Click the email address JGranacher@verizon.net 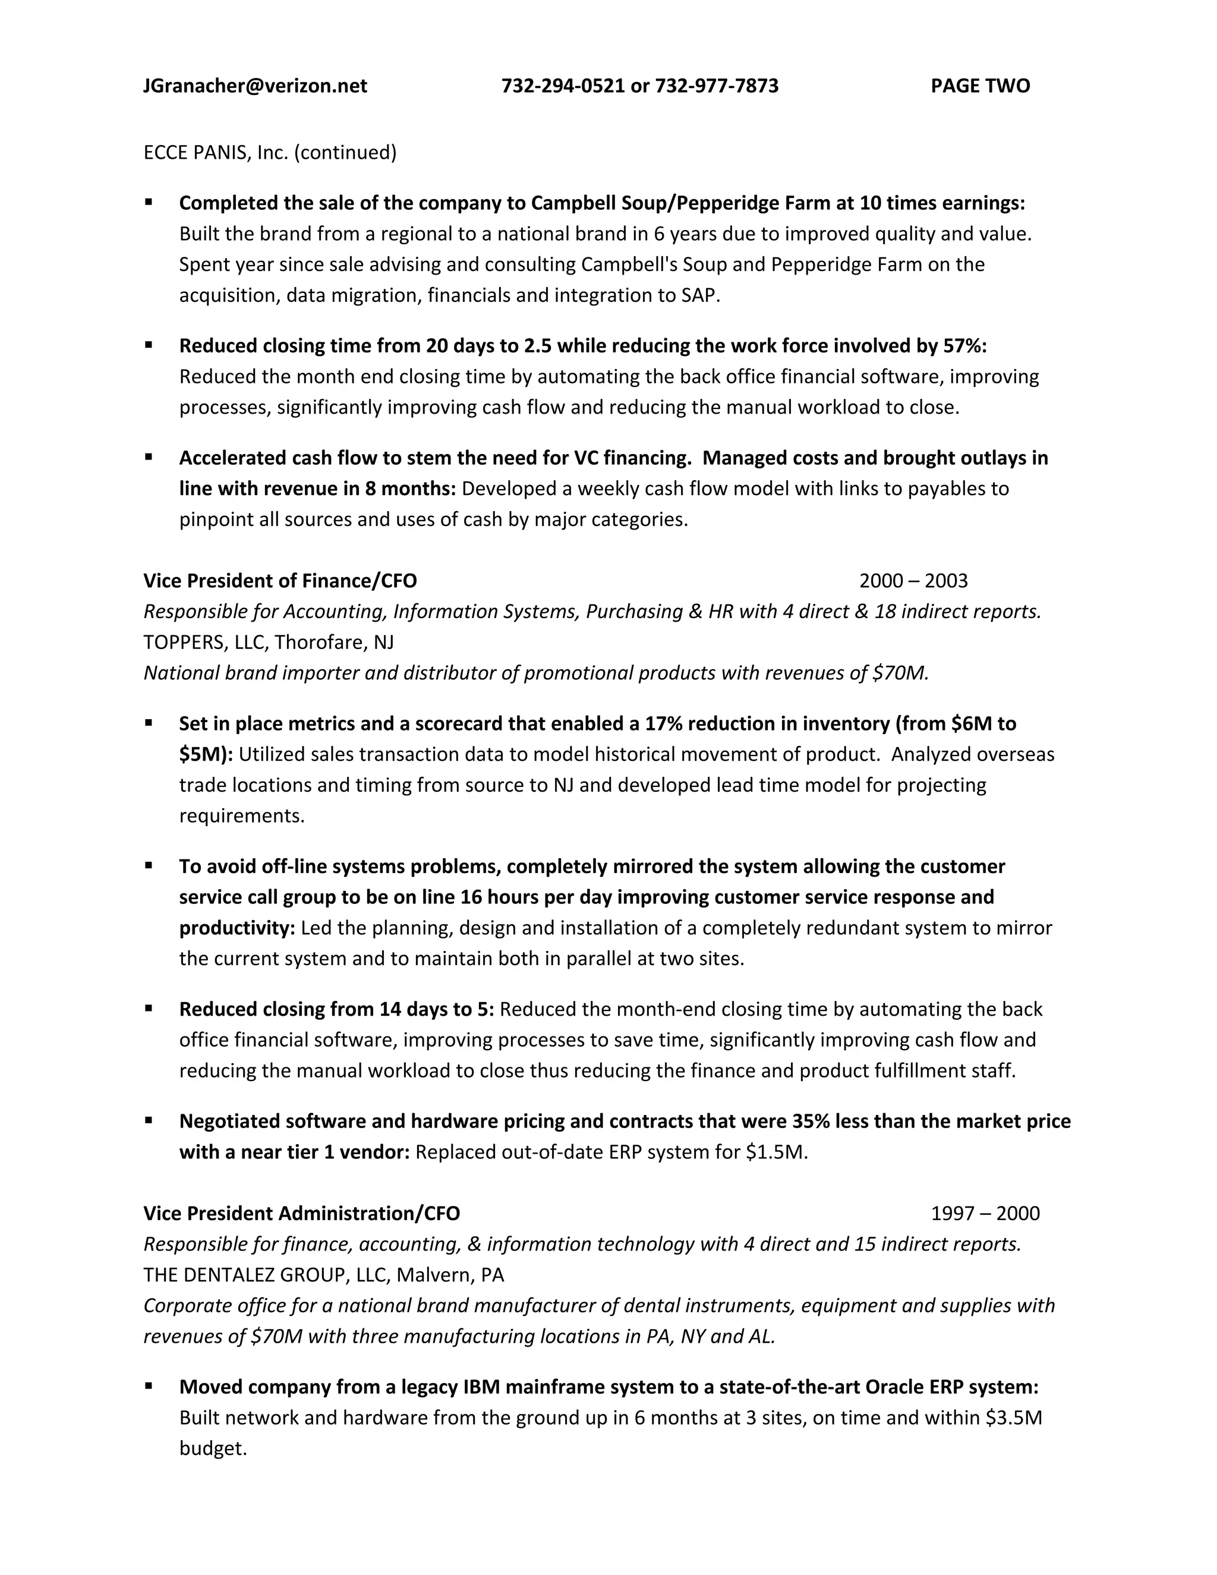click(x=255, y=86)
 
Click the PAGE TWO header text click(x=980, y=86)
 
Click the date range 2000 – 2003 click(x=913, y=581)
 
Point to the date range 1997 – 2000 click(x=985, y=1213)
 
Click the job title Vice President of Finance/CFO click(x=280, y=581)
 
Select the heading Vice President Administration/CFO click(x=301, y=1213)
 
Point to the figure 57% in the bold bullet click(x=964, y=346)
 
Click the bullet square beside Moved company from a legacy click(x=149, y=1386)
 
